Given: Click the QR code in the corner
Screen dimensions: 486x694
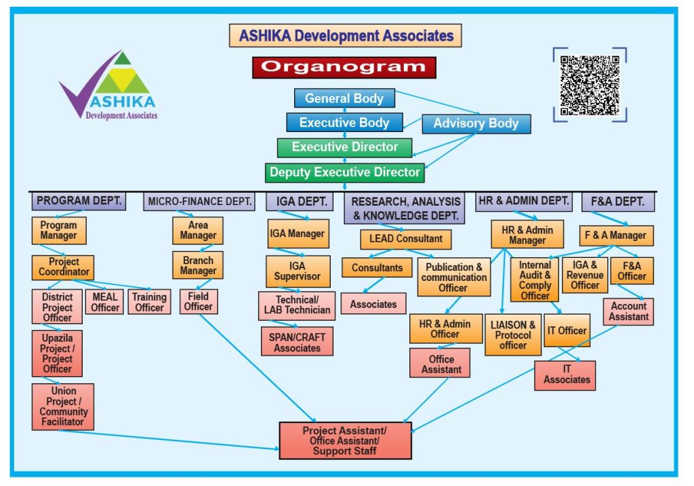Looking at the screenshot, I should click(590, 85).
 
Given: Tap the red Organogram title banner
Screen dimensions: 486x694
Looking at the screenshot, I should click(344, 67).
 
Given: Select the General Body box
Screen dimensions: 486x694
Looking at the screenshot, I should click(344, 98).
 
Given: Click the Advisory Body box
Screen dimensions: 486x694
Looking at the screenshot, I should click(476, 123).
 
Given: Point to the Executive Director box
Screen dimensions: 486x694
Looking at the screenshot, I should click(346, 147).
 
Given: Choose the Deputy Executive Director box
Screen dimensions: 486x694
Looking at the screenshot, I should click(344, 173).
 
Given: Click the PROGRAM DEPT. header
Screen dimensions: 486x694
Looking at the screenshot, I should click(79, 201).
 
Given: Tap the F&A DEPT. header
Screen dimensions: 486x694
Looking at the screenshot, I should click(617, 202).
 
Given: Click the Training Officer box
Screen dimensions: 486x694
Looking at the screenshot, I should click(149, 302).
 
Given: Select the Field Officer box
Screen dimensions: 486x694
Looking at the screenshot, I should click(198, 301).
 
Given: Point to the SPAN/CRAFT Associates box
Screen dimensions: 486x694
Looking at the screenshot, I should click(297, 342).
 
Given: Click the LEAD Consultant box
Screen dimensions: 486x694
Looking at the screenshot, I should click(405, 239).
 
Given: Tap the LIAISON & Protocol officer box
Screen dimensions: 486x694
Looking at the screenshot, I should click(513, 335).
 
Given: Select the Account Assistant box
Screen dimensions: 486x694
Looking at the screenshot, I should click(628, 311).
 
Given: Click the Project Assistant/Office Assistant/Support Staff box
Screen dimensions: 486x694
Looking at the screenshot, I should click(345, 441).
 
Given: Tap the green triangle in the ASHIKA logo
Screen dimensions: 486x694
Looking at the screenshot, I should click(123, 60).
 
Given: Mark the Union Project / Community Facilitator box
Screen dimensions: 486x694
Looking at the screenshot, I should click(63, 406).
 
